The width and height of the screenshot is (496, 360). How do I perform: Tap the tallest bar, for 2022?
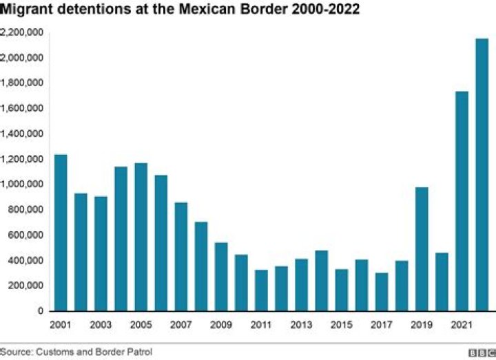point(481,175)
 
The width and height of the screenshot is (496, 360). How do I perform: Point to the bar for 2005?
point(141,237)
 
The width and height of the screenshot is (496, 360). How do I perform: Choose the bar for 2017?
point(381,292)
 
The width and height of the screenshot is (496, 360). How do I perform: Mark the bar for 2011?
point(261,290)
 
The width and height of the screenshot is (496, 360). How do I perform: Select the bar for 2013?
point(301,285)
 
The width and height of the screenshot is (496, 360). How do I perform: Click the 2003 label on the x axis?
point(101,324)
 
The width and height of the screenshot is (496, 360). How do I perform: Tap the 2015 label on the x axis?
point(341,324)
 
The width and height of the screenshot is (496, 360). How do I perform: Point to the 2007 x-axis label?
point(180,324)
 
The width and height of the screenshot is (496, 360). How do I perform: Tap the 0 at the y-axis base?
point(41,311)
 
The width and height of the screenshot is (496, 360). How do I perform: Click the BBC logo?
point(481,352)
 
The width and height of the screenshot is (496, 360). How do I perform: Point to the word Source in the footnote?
point(15,352)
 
